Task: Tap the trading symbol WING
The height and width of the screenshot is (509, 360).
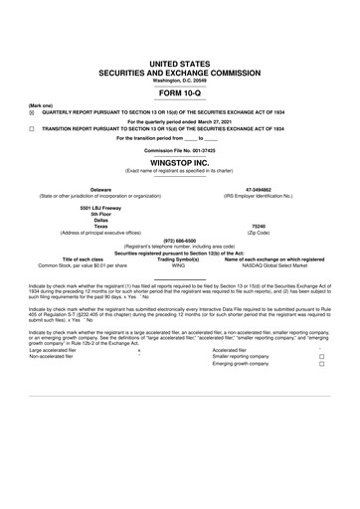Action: [179, 265]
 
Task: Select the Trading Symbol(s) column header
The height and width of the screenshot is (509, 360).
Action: [179, 259]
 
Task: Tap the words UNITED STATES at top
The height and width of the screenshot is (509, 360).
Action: [180, 64]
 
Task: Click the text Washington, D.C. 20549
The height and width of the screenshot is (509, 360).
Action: [180, 81]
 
